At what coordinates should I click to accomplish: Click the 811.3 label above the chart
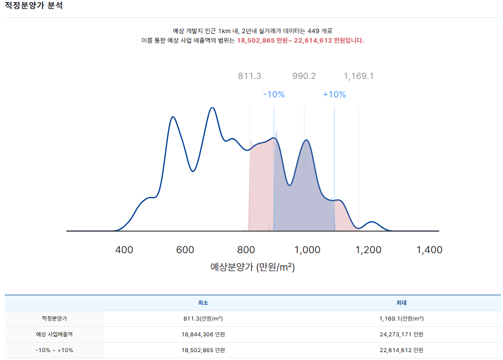point(249,76)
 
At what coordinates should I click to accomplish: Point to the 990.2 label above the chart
point(304,76)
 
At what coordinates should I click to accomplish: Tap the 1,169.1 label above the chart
point(359,76)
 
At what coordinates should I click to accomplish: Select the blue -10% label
point(274,95)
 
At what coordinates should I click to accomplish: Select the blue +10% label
point(334,95)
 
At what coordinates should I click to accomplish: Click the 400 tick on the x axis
point(124,250)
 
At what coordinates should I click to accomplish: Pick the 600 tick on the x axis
point(185,250)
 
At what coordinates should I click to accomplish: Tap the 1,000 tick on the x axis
point(307,250)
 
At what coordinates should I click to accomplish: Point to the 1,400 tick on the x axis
point(429,250)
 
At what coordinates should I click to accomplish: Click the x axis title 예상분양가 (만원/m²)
point(252,267)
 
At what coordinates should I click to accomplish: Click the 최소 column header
point(203,303)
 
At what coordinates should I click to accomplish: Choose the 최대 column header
point(401,303)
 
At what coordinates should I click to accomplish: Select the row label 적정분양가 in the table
point(55,318)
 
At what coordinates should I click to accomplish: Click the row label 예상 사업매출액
point(55,334)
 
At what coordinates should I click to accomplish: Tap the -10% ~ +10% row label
point(55,350)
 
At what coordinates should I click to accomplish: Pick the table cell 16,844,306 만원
point(203,334)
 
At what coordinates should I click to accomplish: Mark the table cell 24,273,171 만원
point(401,334)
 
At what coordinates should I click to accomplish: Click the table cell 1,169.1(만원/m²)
point(401,318)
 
